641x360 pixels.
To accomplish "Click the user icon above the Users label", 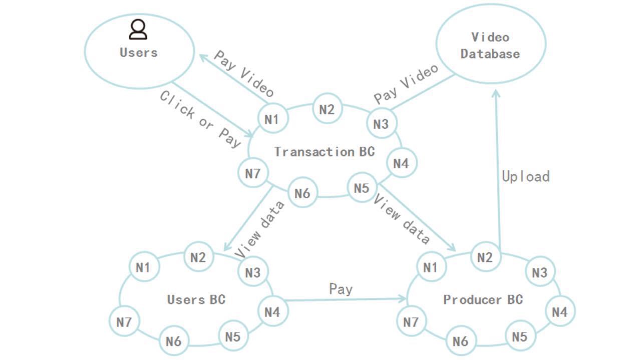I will [x=138, y=30].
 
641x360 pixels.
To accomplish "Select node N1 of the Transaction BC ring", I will [x=272, y=119].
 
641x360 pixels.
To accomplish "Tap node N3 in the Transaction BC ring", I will [x=382, y=124].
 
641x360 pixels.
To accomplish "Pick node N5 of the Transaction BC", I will [x=362, y=188].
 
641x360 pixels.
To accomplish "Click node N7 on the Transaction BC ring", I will [x=253, y=173].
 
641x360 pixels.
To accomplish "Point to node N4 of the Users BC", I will [x=272, y=312].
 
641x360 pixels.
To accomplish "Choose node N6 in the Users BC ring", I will [x=174, y=341].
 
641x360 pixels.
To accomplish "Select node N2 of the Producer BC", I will [x=485, y=257].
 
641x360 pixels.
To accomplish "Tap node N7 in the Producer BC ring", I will [x=411, y=321].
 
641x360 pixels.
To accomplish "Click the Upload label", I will [x=526, y=176].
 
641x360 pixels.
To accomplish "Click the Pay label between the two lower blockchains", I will [x=341, y=289].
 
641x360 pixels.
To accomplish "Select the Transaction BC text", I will [x=325, y=152].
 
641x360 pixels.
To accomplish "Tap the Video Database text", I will [x=490, y=46].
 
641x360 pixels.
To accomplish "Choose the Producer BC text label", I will [x=483, y=299].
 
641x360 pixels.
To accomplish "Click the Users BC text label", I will [x=196, y=299].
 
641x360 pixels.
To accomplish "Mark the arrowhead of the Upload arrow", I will [x=496, y=93].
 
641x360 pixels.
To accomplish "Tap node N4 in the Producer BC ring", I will [x=560, y=312].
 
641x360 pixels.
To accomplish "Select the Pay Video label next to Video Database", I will [x=406, y=83].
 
